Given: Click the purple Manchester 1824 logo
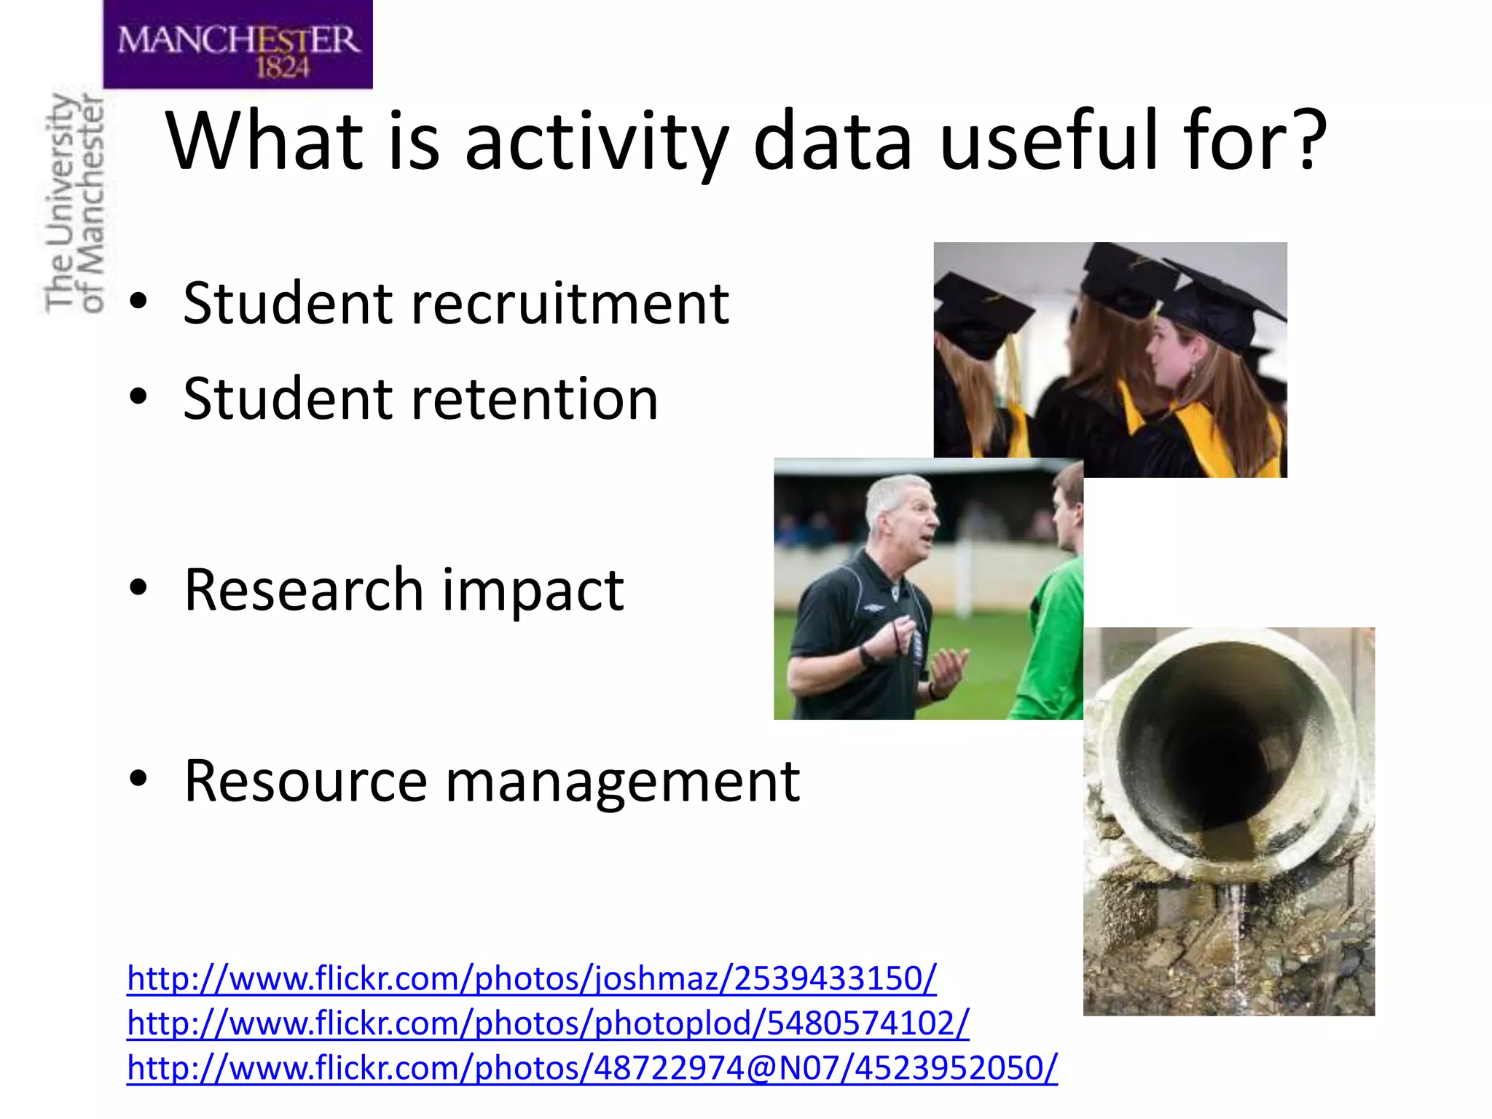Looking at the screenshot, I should pyautogui.click(x=237, y=45).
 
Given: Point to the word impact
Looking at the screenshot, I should pyautogui.click(x=533, y=589).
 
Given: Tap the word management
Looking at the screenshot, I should pyautogui.click(x=623, y=782).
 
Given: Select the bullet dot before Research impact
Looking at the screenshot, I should pyautogui.click(x=138, y=589).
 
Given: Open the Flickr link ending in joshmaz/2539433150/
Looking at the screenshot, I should pyautogui.click(x=531, y=978).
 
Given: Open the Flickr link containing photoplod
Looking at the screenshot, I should pyautogui.click(x=548, y=1024).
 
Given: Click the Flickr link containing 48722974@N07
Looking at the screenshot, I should pyautogui.click(x=592, y=1069).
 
